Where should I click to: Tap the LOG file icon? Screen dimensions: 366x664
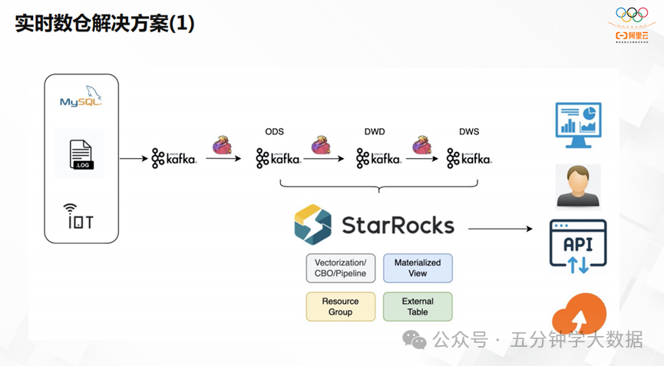pyautogui.click(x=81, y=156)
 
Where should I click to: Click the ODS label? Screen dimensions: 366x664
pyautogui.click(x=275, y=132)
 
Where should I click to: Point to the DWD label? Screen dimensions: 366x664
pyautogui.click(x=375, y=132)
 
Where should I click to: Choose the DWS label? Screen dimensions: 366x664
pyautogui.click(x=469, y=132)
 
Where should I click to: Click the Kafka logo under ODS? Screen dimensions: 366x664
pyautogui.click(x=278, y=159)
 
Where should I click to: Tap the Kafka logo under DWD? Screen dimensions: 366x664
pyautogui.click(x=378, y=159)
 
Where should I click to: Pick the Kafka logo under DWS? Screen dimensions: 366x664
pyautogui.click(x=468, y=159)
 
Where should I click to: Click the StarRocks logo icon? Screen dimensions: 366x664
pyautogui.click(x=312, y=224)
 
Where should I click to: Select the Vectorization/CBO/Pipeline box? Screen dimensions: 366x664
pyautogui.click(x=341, y=268)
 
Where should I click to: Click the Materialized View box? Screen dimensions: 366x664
pyautogui.click(x=418, y=268)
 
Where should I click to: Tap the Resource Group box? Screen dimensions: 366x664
pyautogui.click(x=341, y=307)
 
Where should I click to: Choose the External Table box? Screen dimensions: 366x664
pyautogui.click(x=418, y=307)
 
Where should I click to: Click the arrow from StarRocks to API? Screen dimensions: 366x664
pyautogui.click(x=500, y=229)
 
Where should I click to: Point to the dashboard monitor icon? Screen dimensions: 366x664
pyautogui.click(x=578, y=125)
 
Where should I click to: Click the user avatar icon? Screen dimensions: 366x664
pyautogui.click(x=578, y=186)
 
